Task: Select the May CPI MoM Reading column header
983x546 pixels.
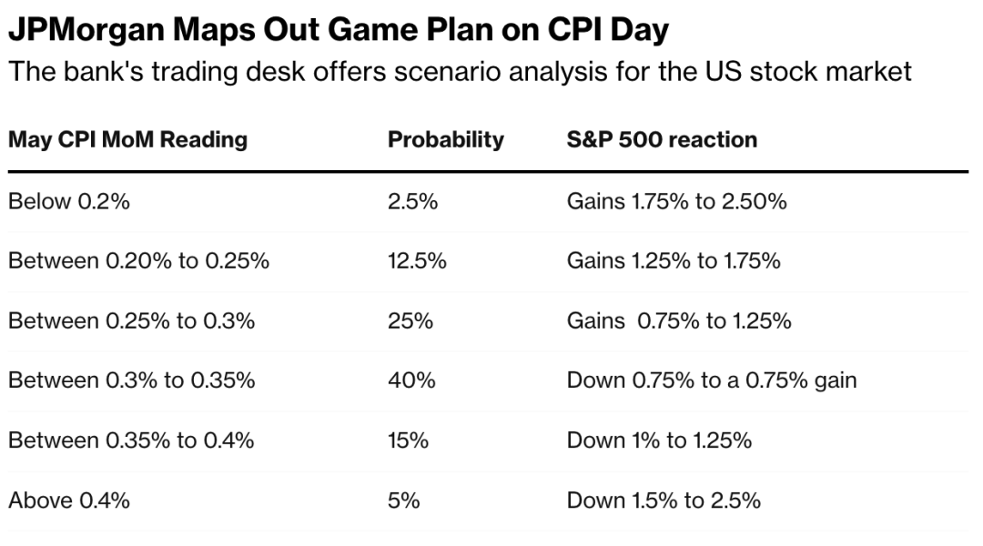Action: (127, 140)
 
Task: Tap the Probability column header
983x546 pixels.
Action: (445, 140)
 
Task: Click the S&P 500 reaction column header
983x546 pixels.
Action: (662, 140)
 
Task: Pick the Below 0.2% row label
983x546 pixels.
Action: (69, 202)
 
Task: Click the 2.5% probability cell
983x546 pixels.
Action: (412, 202)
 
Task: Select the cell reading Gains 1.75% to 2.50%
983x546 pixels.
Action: (676, 202)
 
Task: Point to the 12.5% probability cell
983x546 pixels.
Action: (417, 262)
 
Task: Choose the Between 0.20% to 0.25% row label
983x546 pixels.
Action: (138, 262)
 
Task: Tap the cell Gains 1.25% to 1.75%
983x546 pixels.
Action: (674, 262)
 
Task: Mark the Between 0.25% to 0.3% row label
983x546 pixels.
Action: (131, 321)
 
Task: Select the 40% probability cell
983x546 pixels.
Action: (410, 380)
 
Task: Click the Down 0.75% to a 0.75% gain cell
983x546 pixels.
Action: (712, 380)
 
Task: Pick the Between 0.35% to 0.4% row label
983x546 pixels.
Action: (131, 440)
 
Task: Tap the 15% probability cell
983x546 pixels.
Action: (407, 440)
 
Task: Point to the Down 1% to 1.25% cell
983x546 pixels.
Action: (659, 440)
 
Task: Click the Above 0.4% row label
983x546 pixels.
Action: (69, 500)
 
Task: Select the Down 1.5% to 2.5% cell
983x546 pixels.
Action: (664, 500)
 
